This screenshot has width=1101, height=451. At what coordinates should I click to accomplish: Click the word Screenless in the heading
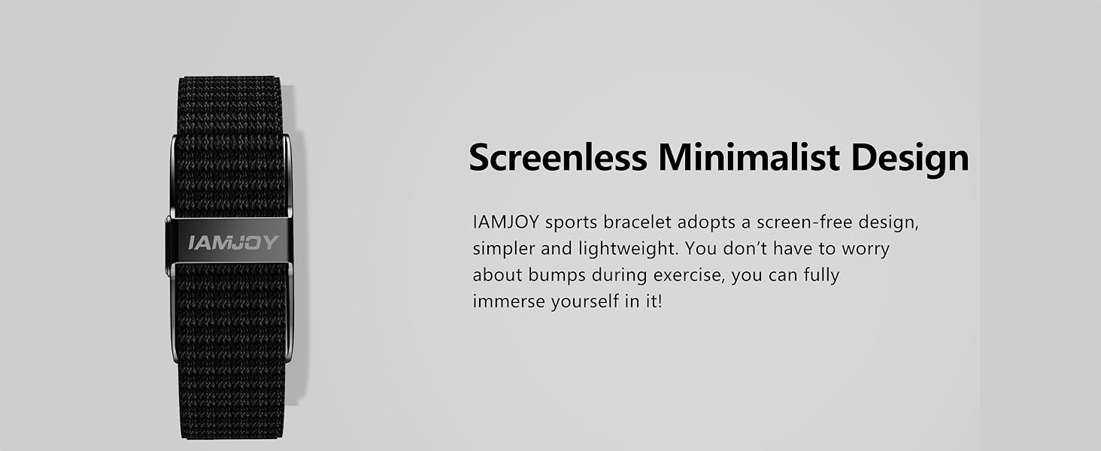(557, 159)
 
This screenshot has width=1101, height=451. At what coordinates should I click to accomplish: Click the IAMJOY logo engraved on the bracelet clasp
(233, 243)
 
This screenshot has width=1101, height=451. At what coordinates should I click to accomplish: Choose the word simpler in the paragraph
(502, 249)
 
